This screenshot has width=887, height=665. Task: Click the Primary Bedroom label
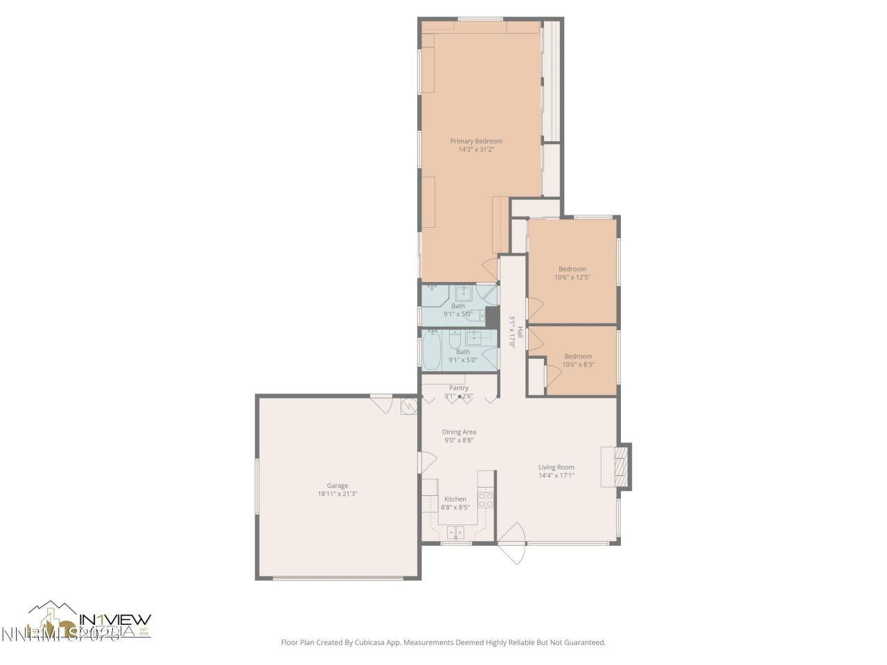click(x=476, y=141)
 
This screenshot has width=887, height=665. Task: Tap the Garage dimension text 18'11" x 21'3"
click(x=337, y=494)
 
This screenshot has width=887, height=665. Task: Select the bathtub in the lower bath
click(x=432, y=351)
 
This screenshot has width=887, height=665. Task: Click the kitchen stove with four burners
click(x=486, y=500)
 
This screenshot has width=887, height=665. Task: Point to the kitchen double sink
click(x=455, y=532)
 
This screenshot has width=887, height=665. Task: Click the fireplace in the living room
click(x=623, y=468)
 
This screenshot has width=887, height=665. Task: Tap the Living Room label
click(x=556, y=467)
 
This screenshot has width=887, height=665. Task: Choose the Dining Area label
click(x=459, y=432)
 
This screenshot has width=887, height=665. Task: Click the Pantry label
click(x=459, y=388)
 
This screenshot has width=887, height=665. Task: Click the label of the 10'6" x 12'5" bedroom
click(x=572, y=269)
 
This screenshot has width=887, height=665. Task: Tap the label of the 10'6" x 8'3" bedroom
click(x=578, y=356)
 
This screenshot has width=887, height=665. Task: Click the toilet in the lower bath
click(x=454, y=342)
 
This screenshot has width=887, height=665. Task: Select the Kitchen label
click(x=455, y=499)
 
